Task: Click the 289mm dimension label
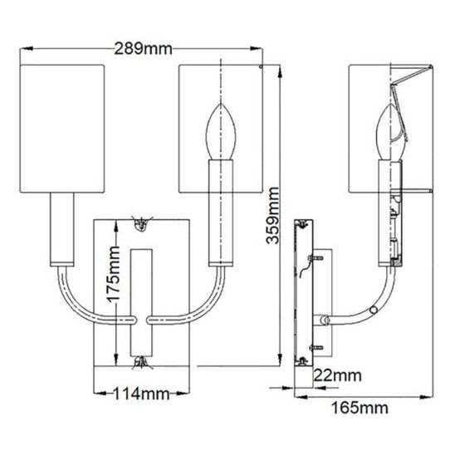click(x=143, y=49)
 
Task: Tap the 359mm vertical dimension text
click(x=273, y=216)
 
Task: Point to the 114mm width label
click(x=141, y=394)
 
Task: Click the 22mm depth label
click(x=338, y=375)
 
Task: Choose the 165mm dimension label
click(x=360, y=408)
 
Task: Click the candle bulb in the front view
click(x=221, y=132)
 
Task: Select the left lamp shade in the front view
click(x=61, y=129)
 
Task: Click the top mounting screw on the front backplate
click(x=141, y=224)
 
